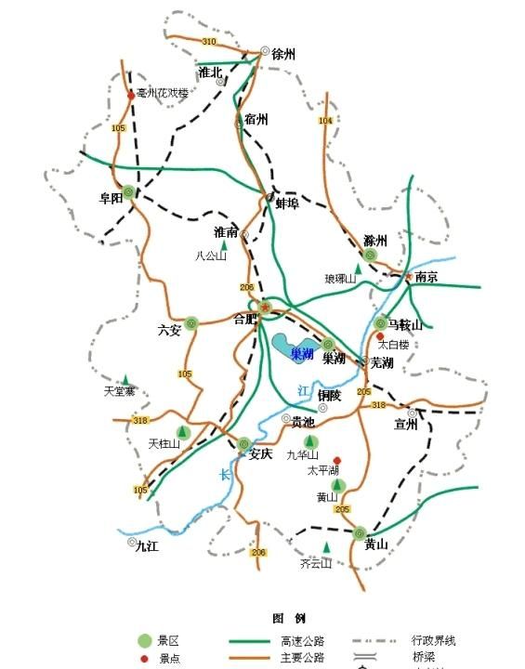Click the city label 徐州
coord(283,55)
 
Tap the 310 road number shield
coord(208,42)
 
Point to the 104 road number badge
coord(324,122)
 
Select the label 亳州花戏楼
coord(162,94)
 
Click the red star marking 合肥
coord(265,308)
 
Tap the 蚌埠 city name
coord(287,203)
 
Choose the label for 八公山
coord(211,256)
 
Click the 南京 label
coord(427,277)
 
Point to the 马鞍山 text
coord(405,325)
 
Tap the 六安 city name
coord(170,329)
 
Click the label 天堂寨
coord(120,391)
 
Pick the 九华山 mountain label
coord(302,455)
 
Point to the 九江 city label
coord(147,546)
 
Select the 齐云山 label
coord(317,563)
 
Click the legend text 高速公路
coord(301,641)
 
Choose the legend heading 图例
coord(289,618)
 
